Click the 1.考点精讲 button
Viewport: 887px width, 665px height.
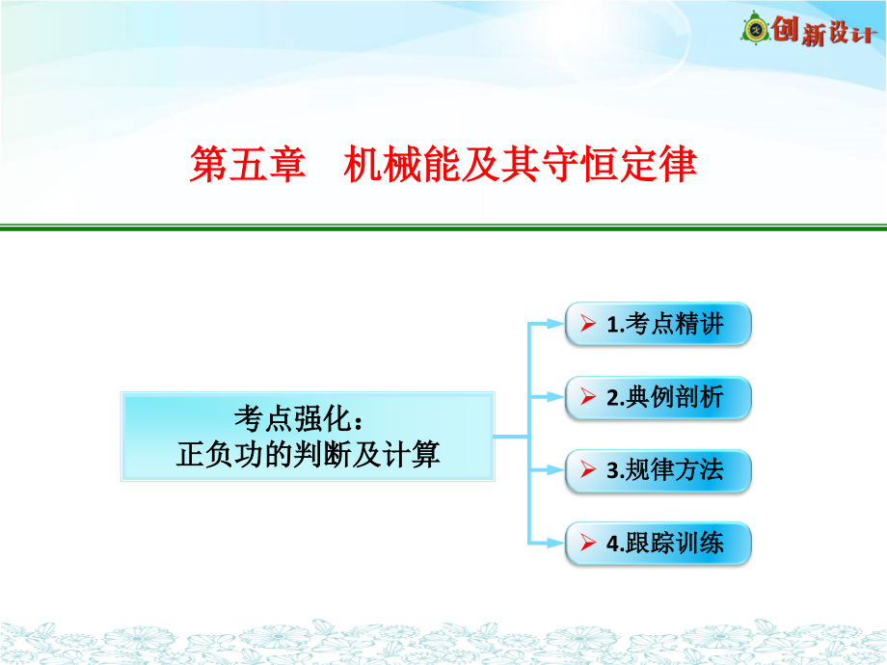[658, 324]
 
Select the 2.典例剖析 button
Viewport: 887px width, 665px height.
[658, 397]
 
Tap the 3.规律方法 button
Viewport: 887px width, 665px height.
[658, 470]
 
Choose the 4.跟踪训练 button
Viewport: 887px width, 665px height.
[658, 544]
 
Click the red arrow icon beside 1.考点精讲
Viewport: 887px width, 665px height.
[588, 324]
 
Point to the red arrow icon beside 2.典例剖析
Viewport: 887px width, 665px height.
[588, 397]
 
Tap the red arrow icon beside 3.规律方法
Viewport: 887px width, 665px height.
[588, 470]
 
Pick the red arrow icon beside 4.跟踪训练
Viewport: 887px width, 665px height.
[588, 543]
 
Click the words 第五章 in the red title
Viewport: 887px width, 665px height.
[247, 164]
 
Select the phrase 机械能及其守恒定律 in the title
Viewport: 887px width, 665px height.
[521, 164]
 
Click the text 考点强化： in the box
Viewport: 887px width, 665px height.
[299, 419]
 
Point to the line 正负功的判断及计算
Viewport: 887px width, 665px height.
[308, 454]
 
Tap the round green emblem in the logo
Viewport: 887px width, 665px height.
[755, 28]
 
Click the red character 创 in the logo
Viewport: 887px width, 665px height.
[785, 28]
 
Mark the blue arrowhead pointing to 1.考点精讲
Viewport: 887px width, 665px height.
[555, 324]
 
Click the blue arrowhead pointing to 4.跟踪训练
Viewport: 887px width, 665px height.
[555, 544]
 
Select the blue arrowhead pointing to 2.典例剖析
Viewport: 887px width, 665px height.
[555, 397]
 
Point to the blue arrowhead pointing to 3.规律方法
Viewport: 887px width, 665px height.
[555, 470]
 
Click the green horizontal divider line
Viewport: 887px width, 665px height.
[443, 227]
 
